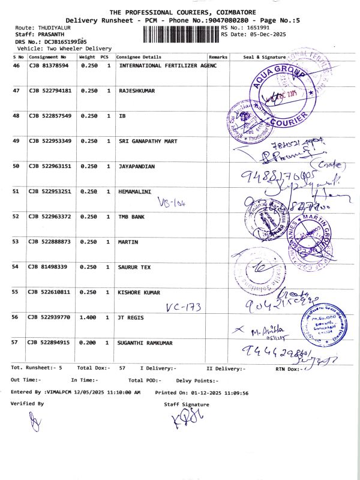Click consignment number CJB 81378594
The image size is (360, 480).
pos(49,65)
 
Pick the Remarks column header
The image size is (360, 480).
pos(218,56)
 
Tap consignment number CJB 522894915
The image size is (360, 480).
pos(50,343)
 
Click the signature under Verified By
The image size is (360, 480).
pos(35,425)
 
